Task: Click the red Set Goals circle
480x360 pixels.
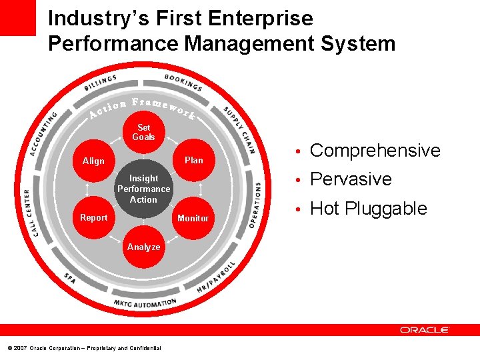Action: click(143, 132)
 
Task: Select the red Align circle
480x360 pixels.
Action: click(93, 161)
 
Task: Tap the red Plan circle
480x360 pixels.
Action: click(193, 161)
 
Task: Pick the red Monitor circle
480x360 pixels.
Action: click(193, 218)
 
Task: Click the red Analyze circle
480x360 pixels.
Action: click(143, 247)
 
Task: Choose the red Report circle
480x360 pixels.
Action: click(93, 217)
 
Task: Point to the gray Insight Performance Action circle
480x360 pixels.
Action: click(143, 189)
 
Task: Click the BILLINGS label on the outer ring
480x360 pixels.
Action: click(101, 83)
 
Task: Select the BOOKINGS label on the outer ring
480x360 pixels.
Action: click(183, 82)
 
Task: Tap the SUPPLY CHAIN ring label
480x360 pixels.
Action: click(239, 129)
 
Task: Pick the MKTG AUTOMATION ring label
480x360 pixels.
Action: click(145, 303)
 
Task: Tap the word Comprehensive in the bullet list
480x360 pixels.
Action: click(375, 151)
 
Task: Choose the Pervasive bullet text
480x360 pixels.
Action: click(351, 179)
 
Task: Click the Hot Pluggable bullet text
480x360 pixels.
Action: click(369, 209)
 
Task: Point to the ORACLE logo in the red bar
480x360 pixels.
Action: click(425, 330)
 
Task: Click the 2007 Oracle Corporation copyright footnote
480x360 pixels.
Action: click(84, 348)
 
